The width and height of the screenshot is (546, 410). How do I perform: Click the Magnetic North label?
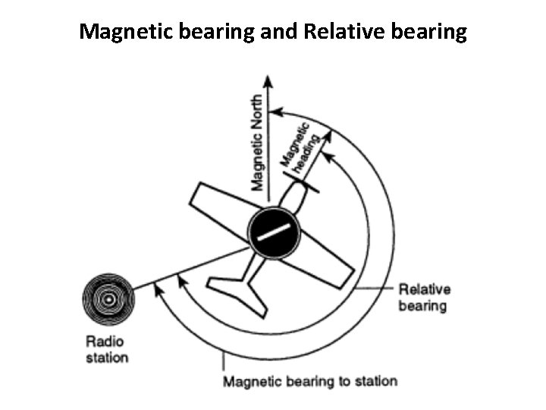[259, 142]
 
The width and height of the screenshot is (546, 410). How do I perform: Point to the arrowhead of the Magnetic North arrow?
[267, 78]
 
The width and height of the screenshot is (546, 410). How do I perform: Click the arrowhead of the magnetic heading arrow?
[330, 135]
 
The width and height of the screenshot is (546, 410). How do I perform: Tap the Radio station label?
[107, 349]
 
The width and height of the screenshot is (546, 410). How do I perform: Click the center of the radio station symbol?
[110, 300]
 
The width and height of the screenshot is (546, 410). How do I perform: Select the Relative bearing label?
[424, 297]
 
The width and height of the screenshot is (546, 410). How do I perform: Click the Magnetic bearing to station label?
[309, 380]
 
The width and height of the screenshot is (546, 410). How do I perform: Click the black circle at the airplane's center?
[274, 234]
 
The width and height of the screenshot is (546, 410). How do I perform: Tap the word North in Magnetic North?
[259, 113]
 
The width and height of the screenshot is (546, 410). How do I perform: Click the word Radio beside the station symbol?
[105, 342]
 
